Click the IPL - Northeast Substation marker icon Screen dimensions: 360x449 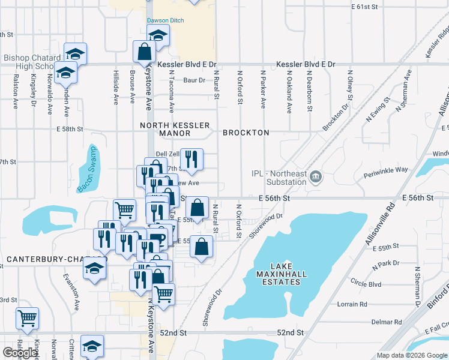tap(316, 177)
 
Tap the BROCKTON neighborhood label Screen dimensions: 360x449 tap(246, 133)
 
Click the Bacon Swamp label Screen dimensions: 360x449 tap(86, 170)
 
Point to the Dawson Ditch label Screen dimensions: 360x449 tap(166, 20)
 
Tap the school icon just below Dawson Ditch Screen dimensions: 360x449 tap(158, 36)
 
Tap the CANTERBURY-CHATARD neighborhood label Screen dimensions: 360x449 tap(44, 260)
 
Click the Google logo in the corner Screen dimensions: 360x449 tap(20, 352)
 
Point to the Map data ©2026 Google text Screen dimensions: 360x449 tap(411, 355)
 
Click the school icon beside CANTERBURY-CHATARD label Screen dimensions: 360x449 tap(95, 268)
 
